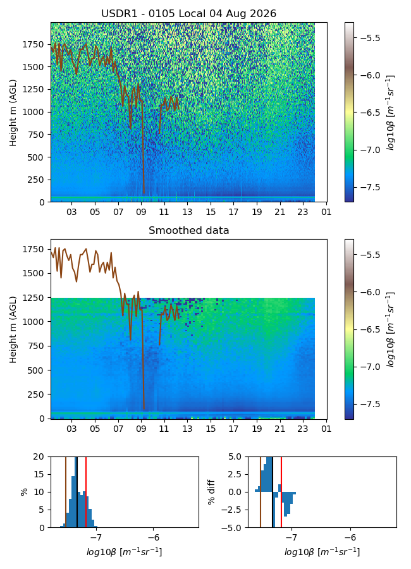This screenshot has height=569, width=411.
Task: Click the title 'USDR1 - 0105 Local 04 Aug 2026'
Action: (189, 13)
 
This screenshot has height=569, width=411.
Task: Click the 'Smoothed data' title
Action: (189, 230)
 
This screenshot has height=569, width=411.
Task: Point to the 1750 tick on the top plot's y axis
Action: (33, 45)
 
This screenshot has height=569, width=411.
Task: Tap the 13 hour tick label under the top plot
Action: (187, 212)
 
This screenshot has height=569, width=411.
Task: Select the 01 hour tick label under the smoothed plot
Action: (326, 429)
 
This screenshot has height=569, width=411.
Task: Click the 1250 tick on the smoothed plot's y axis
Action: (33, 298)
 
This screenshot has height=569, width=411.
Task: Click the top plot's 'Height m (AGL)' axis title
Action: (13, 113)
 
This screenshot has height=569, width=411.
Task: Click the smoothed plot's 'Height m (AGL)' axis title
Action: (13, 329)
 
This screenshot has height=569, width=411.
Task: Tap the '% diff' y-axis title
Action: (211, 492)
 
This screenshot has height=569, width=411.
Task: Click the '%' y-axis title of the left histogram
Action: (24, 492)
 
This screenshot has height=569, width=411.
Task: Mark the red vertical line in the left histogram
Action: (86, 492)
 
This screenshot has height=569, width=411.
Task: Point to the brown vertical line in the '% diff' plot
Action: (261, 492)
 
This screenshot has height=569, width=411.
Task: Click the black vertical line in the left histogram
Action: (77, 492)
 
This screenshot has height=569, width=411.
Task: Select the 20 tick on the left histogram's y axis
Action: (39, 457)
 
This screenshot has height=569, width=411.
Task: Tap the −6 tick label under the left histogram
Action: (154, 537)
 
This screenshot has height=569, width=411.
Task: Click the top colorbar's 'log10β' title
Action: (391, 113)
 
